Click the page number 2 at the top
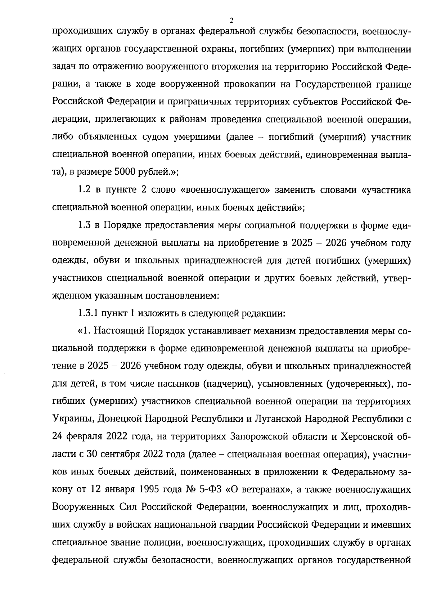231,20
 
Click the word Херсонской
365,437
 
